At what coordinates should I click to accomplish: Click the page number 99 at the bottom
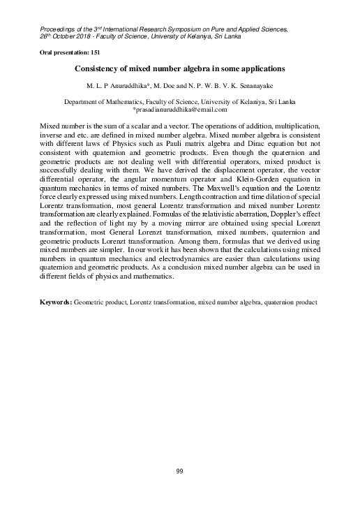(180, 473)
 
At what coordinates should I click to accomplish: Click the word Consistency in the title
(98, 69)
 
